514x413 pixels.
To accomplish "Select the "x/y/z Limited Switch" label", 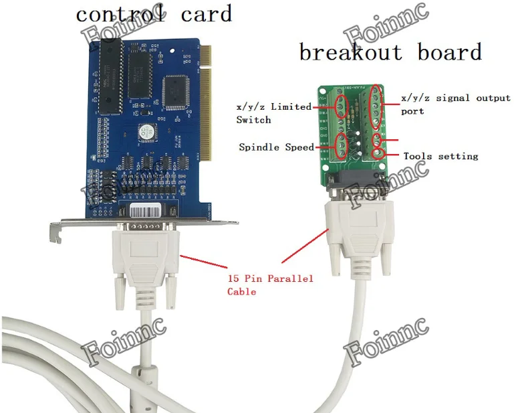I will (x=273, y=113).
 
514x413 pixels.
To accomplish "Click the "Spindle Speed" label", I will (x=276, y=147).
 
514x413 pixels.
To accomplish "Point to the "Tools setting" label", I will (x=440, y=156).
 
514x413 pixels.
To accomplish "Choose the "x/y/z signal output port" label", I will (x=455, y=104).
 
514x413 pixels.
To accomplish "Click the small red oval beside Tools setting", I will (x=378, y=140).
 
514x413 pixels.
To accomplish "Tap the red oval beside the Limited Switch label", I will (x=341, y=106).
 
